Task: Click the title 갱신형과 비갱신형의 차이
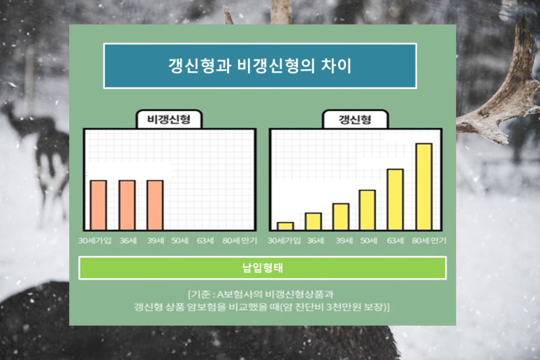pyautogui.click(x=260, y=66)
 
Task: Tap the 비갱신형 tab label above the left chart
pyautogui.click(x=168, y=120)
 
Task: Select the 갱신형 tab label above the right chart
pyautogui.click(x=356, y=120)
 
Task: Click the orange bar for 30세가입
pyautogui.click(x=98, y=205)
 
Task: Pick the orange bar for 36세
pyautogui.click(x=126, y=205)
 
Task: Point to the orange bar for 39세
pyautogui.click(x=154, y=205)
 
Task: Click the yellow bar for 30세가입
pyautogui.click(x=285, y=226)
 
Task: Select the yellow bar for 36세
pyautogui.click(x=313, y=221)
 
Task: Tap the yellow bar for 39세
pyautogui.click(x=341, y=216)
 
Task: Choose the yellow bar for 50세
pyautogui.click(x=367, y=210)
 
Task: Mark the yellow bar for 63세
pyautogui.click(x=395, y=199)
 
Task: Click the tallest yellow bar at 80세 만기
pyautogui.click(x=423, y=186)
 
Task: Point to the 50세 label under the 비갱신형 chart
pyautogui.click(x=180, y=240)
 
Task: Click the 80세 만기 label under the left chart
pyautogui.click(x=239, y=240)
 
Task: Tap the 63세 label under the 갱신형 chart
pyautogui.click(x=395, y=240)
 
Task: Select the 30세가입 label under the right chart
pyautogui.click(x=284, y=240)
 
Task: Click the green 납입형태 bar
pyautogui.click(x=262, y=268)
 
